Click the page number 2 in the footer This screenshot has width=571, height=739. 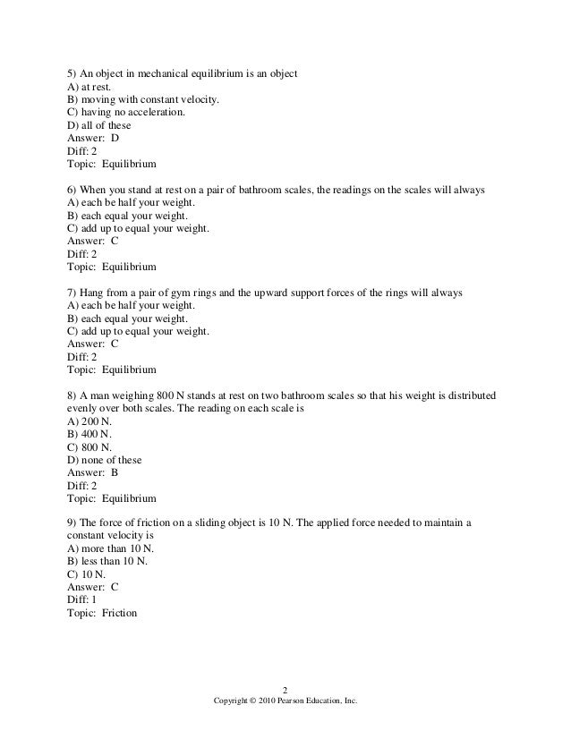click(285, 689)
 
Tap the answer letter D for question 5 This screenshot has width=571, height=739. click(115, 139)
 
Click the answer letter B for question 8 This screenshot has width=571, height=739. click(115, 471)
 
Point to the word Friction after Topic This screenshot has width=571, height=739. click(119, 615)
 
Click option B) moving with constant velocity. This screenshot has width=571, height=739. click(143, 100)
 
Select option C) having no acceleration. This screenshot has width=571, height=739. click(127, 113)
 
